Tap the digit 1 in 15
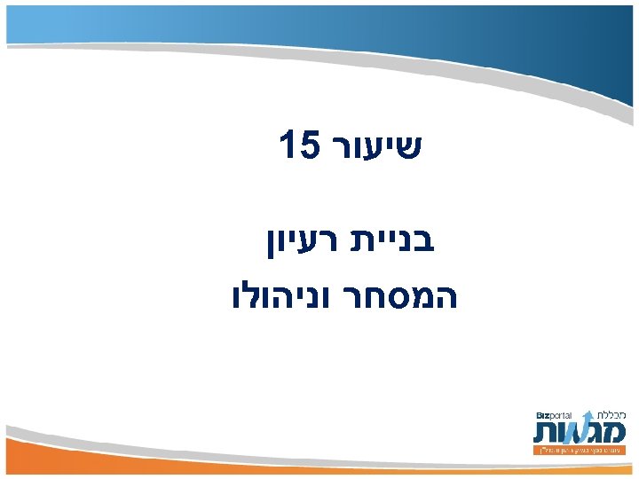[286, 144]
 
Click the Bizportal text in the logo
[554, 415]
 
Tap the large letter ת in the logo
[546, 432]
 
